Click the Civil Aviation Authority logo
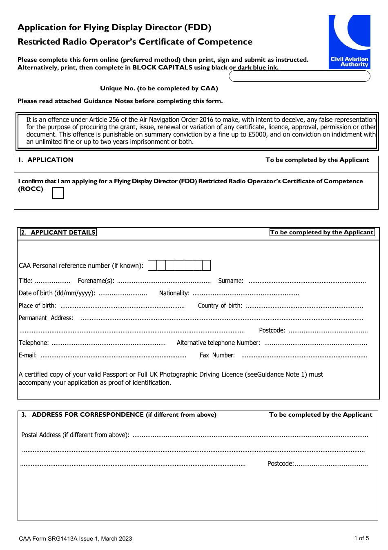349,42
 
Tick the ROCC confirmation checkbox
58,193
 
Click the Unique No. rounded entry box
299,76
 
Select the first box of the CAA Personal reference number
152,266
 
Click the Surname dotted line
307,281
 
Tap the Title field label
25,281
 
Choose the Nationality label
174,293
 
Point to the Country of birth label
220,306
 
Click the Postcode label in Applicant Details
272,330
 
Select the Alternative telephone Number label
218,343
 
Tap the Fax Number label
217,355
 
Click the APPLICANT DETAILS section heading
63,233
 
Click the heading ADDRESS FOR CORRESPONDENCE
88,415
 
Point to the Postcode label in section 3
280,464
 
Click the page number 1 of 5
361,538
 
